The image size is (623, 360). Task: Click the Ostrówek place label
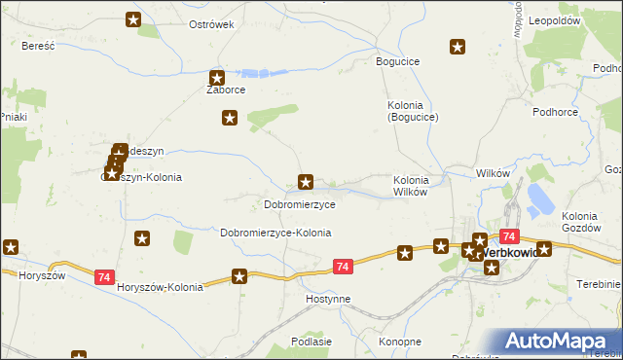tap(211, 24)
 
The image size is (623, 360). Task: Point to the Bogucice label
tap(397, 61)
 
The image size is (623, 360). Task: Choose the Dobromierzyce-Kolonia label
tap(275, 234)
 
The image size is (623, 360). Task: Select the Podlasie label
tap(311, 342)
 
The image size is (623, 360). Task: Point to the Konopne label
tap(399, 342)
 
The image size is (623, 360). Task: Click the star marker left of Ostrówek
tap(134, 18)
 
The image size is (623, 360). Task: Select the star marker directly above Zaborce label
tap(217, 77)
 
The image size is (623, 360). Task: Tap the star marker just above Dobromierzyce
tap(306, 181)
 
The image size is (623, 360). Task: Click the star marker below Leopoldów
tap(458, 46)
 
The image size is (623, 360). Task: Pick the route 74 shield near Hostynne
tap(342, 267)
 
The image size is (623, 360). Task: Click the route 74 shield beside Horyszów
tap(104, 277)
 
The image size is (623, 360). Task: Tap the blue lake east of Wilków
tap(538, 200)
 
